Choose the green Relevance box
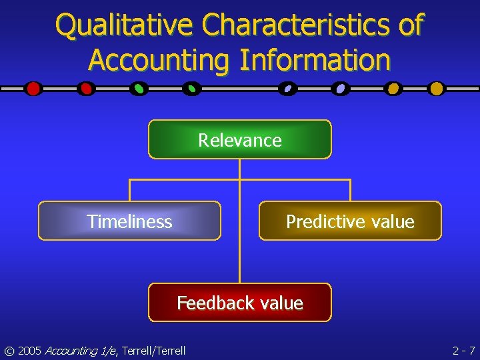[240, 139]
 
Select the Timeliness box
[129, 221]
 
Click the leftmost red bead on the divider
[33, 89]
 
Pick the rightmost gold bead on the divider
[436, 89]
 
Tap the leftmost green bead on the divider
[139, 89]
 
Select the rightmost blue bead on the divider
[341, 89]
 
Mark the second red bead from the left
[85, 89]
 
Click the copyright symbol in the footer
[9, 350]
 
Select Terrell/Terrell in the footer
[153, 350]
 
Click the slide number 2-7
[463, 350]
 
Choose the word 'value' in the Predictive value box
[393, 221]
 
